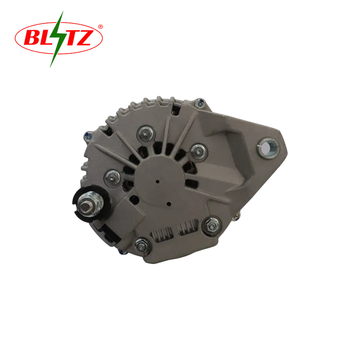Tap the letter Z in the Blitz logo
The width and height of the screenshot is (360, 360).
[85, 37]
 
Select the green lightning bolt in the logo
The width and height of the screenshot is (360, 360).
[57, 39]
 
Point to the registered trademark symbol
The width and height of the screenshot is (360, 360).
[100, 27]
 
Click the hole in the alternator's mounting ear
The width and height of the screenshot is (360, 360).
[267, 148]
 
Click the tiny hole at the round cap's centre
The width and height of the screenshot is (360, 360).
[157, 182]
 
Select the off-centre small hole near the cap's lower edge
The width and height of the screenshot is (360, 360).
[169, 204]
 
